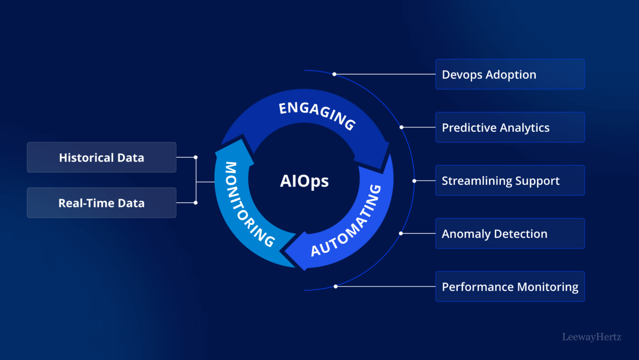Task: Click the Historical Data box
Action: [101, 157]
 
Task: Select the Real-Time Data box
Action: [101, 203]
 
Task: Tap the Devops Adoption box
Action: [510, 74]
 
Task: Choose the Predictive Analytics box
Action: [510, 127]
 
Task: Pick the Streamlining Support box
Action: [510, 180]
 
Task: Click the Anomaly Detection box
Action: [510, 233]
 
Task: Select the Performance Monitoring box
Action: [510, 287]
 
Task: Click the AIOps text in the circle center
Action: [304, 181]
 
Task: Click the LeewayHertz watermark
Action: [592, 337]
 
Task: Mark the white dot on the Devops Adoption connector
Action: [334, 74]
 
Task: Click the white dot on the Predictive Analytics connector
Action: [401, 127]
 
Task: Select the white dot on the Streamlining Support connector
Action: [414, 181]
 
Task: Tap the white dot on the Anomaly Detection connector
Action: [401, 233]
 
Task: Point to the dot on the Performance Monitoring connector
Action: [335, 287]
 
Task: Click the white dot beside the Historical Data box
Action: [196, 157]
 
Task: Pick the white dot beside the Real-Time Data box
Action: [196, 203]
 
